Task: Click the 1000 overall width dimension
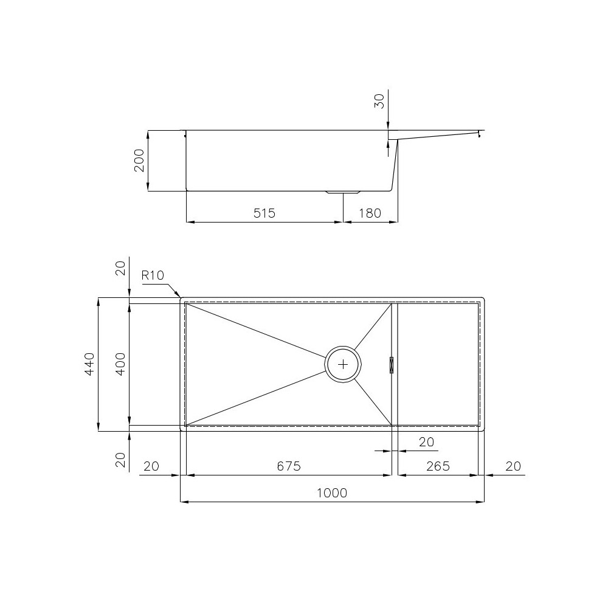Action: (331, 492)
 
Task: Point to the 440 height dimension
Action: (89, 364)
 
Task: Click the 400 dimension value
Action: (120, 364)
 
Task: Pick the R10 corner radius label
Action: (153, 275)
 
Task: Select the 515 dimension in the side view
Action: (264, 213)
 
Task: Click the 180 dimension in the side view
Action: (370, 213)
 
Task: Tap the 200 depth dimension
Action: (139, 161)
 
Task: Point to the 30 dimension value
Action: (379, 101)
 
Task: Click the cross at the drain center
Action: (344, 364)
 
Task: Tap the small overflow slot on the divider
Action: (392, 364)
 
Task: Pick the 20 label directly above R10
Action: (120, 268)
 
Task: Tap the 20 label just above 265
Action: (427, 442)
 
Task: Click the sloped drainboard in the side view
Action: (438, 136)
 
